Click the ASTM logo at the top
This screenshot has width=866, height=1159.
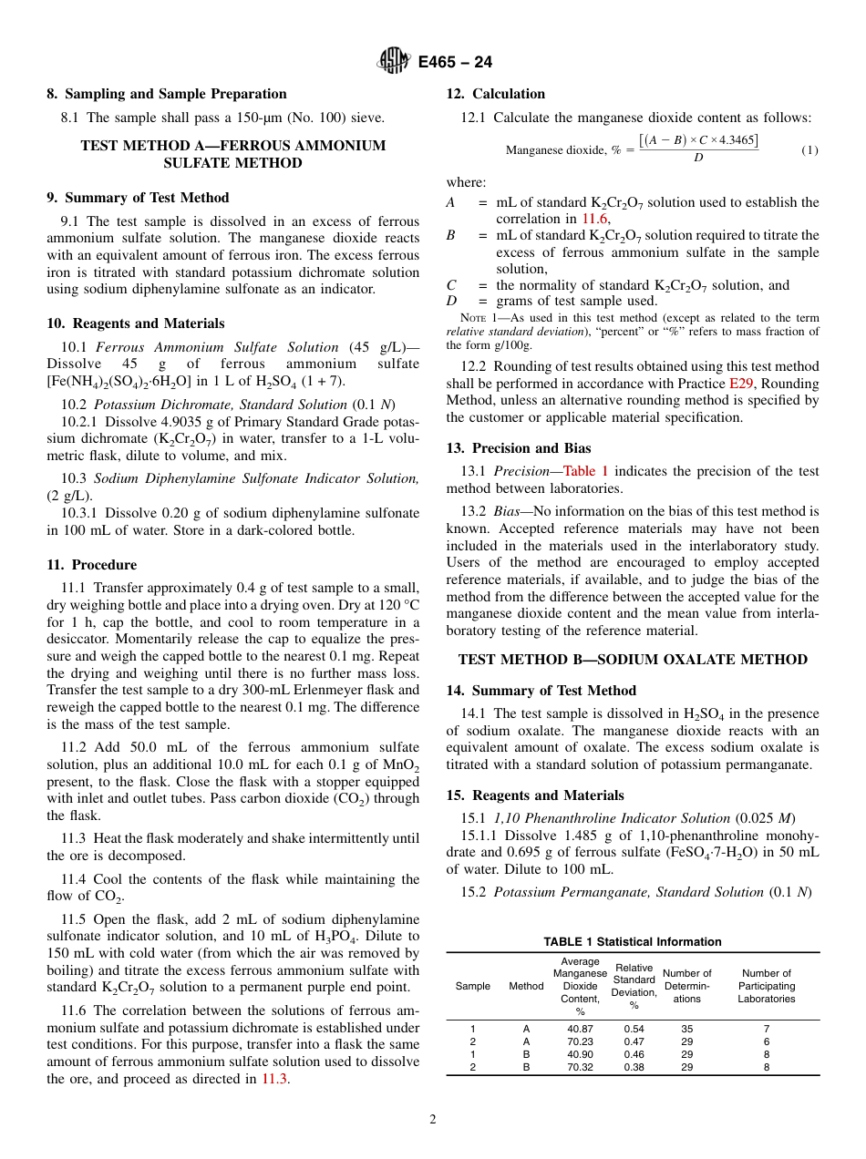click(x=394, y=62)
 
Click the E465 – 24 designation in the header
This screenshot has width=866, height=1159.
click(x=455, y=62)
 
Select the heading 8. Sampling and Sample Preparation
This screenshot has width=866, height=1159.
click(x=167, y=94)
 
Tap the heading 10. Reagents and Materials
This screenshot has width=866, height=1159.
click(x=136, y=323)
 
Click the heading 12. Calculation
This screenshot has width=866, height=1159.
click(x=496, y=94)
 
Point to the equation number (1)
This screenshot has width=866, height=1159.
click(x=809, y=150)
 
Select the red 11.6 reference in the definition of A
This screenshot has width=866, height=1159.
click(x=593, y=219)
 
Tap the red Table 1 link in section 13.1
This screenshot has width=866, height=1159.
click(x=586, y=471)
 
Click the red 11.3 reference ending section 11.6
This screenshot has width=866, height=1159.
click(x=274, y=1079)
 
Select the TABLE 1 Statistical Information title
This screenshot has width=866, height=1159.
click(x=633, y=942)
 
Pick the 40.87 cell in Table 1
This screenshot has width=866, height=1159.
click(x=580, y=1029)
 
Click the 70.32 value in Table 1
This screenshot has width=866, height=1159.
click(x=580, y=1067)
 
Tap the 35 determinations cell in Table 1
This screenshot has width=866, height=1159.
click(x=686, y=1029)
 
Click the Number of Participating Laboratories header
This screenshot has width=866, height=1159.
click(x=767, y=986)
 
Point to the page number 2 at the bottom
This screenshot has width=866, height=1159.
click(x=433, y=1120)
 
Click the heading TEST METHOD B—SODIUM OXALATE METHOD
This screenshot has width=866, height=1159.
click(x=633, y=660)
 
